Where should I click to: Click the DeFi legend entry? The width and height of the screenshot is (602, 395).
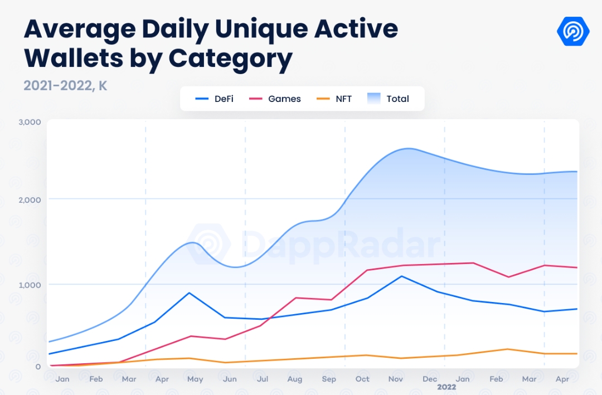point(215,99)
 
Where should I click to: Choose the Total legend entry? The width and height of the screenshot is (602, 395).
point(389,99)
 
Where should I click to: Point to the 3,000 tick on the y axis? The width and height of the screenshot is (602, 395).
point(30,122)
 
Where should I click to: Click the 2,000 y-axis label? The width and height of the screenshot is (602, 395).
point(30,199)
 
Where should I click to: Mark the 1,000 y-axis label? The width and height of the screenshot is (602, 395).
point(30,285)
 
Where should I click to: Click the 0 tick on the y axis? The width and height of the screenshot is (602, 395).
point(38,366)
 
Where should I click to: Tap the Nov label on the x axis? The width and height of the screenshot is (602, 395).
point(396,379)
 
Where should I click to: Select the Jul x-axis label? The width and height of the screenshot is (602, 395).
point(263,379)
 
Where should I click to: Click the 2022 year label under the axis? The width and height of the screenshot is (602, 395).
point(446,387)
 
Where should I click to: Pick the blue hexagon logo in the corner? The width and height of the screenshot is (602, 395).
point(573,31)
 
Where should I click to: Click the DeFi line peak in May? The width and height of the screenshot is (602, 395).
point(190,292)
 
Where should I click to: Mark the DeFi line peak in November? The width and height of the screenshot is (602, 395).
point(401,276)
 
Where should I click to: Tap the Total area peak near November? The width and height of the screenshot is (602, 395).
point(409,148)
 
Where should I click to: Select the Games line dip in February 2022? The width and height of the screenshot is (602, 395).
point(507,277)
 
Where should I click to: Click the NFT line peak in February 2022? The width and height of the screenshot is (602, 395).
point(507,349)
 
